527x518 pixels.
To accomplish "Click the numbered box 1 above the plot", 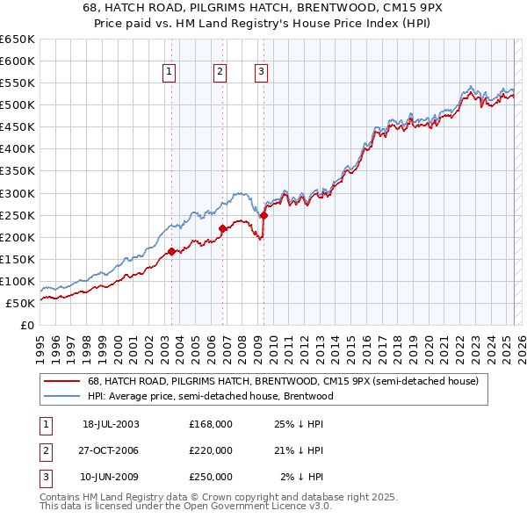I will click(x=168, y=73).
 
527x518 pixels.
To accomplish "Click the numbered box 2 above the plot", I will click(x=220, y=73).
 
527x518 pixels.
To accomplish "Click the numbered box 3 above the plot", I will click(x=262, y=73).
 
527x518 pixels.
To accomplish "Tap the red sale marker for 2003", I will click(x=171, y=251).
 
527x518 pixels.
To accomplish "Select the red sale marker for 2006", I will click(x=222, y=228).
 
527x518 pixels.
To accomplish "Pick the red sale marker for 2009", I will click(x=263, y=215).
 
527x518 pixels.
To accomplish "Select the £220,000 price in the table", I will click(x=211, y=450).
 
